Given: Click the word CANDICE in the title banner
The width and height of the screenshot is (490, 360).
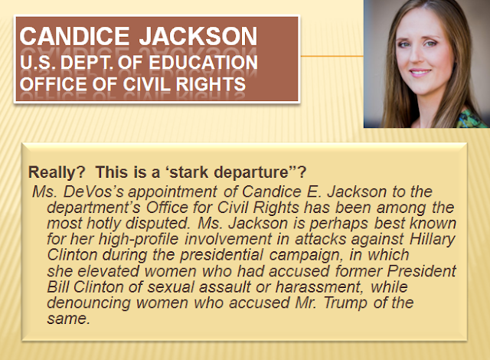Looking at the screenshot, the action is (74, 36).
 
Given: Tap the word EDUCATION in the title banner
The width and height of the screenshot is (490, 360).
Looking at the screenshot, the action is (203, 62).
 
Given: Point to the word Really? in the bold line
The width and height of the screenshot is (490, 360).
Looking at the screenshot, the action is (57, 172).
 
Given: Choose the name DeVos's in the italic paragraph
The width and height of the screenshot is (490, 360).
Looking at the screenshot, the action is (93, 191).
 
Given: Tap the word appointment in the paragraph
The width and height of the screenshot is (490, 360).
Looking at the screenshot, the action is (172, 192).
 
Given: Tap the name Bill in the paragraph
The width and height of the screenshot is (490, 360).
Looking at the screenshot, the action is (58, 287).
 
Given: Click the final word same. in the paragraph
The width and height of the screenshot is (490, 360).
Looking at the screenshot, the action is (68, 319).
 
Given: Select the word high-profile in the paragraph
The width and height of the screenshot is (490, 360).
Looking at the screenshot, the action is (138, 240).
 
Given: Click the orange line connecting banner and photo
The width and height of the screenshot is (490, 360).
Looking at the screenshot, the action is (332, 56).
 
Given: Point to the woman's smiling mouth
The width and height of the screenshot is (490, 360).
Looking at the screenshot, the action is (420, 73).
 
